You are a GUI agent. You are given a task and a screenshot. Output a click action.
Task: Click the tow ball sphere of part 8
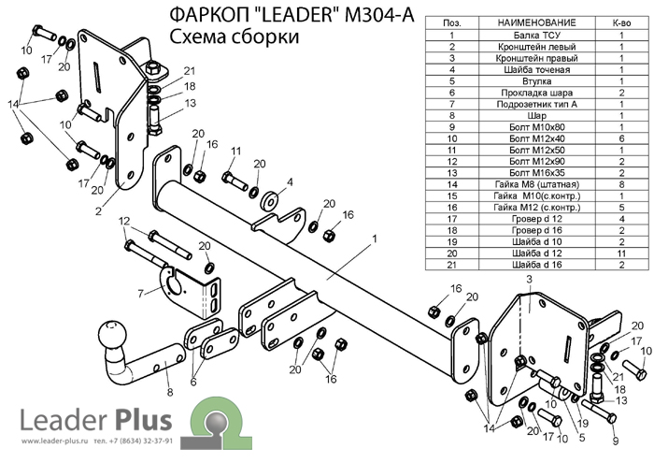tap(110, 334)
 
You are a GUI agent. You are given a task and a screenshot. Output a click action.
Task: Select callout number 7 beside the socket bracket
tap(139, 294)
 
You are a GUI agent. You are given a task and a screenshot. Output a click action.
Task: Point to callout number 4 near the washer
tap(290, 181)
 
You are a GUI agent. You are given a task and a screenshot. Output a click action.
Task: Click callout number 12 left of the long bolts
tap(123, 221)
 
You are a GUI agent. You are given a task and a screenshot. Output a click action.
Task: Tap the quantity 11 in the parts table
tap(620, 253)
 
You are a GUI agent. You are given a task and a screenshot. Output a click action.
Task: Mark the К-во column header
tap(620, 21)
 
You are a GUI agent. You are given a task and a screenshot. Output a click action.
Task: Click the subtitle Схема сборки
tap(235, 37)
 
